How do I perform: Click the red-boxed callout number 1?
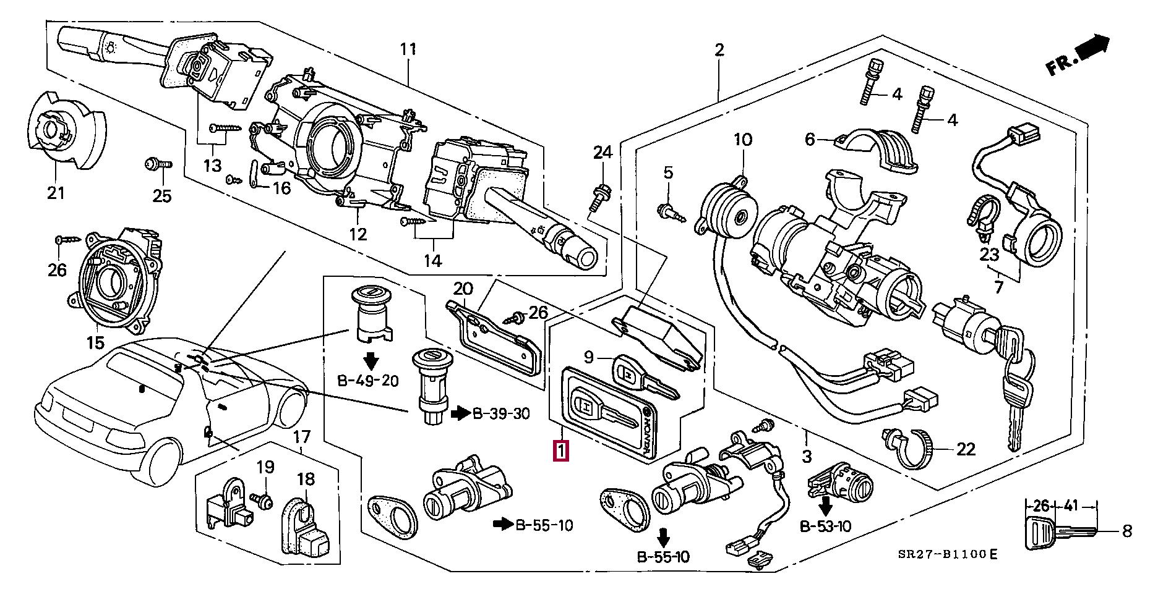click(560, 450)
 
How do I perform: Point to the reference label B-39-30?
click(501, 413)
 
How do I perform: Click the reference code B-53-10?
click(825, 526)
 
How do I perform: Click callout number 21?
click(56, 193)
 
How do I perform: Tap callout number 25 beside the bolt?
click(162, 196)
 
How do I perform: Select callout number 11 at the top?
click(408, 49)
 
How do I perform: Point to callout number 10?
click(743, 140)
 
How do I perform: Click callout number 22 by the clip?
click(966, 449)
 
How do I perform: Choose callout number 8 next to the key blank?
click(1126, 531)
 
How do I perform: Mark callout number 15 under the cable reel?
click(95, 342)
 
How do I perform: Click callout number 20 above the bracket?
click(463, 289)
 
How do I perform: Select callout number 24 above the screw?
click(603, 152)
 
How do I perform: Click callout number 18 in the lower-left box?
click(306, 480)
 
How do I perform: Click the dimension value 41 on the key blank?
click(1071, 506)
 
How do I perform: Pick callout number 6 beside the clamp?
click(810, 140)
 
